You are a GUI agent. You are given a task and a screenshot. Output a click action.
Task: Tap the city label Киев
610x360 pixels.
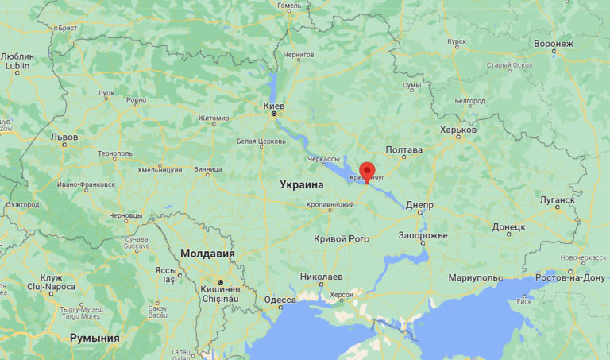point(274,105)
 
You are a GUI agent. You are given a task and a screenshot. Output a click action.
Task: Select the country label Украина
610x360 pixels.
point(302,184)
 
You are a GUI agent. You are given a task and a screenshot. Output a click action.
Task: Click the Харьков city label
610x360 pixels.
point(458,130)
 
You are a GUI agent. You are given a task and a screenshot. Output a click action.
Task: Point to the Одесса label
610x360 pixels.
point(280,299)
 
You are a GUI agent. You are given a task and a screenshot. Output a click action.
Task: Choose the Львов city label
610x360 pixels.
point(64,137)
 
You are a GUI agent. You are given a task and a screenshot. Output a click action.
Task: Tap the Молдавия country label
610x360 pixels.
point(208,254)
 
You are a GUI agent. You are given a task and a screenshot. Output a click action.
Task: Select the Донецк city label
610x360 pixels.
point(508,226)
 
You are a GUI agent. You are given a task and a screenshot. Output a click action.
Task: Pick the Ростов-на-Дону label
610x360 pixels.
point(571,277)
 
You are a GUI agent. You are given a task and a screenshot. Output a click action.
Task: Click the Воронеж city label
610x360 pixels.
point(554,43)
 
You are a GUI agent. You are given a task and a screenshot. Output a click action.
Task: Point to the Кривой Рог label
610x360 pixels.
point(342,238)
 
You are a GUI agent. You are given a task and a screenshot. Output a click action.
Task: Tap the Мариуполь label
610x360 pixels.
point(475,277)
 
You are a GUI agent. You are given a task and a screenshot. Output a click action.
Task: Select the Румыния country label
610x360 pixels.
point(95,338)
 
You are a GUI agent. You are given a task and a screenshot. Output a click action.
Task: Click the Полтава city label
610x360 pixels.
point(403,149)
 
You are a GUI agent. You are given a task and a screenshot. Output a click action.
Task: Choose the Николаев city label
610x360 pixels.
point(322,277)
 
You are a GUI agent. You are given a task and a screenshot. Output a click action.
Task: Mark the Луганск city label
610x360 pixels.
point(557,200)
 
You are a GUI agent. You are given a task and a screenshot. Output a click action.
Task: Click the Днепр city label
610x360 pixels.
point(419,205)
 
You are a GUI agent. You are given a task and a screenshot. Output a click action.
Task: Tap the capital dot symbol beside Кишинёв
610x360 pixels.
point(222,282)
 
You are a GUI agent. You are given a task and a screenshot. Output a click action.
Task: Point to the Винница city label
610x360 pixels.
point(207,168)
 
